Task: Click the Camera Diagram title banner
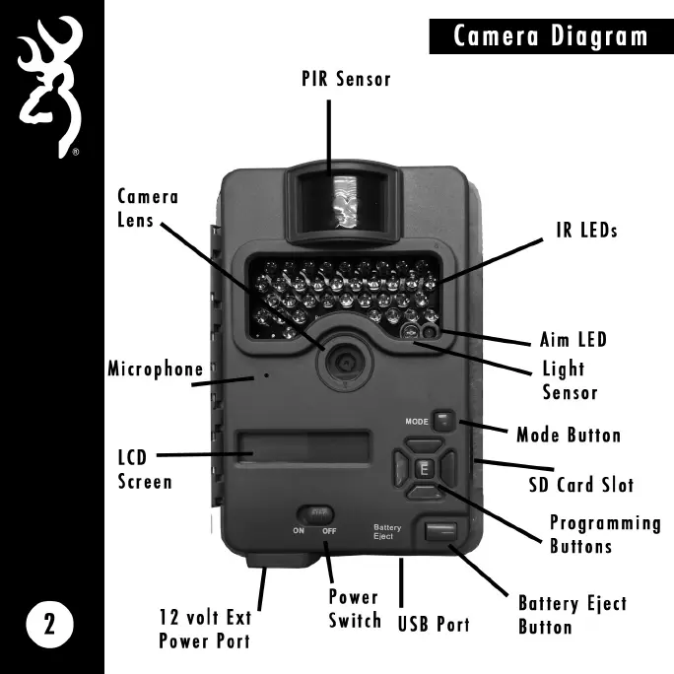coord(550,37)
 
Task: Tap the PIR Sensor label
coord(346,79)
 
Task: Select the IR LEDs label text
coord(585,231)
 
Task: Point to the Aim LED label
coord(573,340)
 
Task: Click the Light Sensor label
coord(570,380)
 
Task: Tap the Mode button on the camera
coord(445,421)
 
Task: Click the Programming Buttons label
coord(604,534)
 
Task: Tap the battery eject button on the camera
coord(439,532)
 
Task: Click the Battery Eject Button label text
coord(572,615)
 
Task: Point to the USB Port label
coord(434,624)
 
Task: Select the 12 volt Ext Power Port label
coord(204,629)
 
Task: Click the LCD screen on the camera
coord(303,447)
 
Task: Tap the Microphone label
coord(156,370)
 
